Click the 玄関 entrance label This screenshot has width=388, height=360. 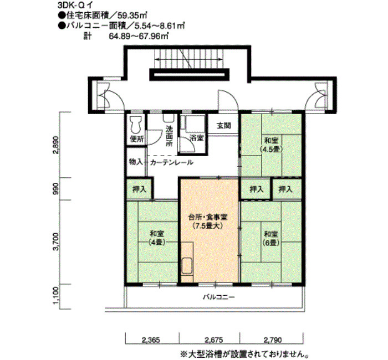click(224, 126)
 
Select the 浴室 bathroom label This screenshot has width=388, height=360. click(196, 138)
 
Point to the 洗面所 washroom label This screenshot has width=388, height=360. click(169, 136)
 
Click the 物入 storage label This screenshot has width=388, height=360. click(136, 162)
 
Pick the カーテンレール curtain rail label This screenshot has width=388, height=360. click(171, 162)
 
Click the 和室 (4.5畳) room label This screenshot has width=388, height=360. click(271, 145)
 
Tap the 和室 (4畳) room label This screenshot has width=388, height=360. click(157, 238)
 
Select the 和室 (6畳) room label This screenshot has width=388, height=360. click(271, 238)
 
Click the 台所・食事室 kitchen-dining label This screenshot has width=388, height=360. click(208, 217)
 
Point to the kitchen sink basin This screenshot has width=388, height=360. click(187, 266)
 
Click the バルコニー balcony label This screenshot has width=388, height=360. click(219, 297)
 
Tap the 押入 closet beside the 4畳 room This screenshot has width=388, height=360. click(139, 189)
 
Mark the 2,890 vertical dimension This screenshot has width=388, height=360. click(56, 145)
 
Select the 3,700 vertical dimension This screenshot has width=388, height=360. click(56, 241)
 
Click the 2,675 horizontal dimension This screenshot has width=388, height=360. click(214, 340)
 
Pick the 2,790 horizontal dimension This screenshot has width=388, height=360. click(273, 340)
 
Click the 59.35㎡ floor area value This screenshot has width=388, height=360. click(132, 16)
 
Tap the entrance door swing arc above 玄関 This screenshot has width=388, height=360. click(231, 95)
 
